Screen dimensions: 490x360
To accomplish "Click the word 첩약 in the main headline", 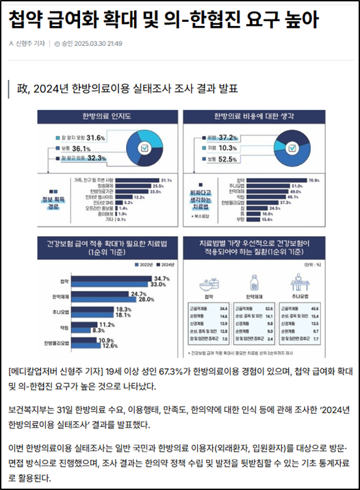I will click(24, 20).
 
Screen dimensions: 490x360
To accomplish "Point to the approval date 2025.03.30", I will click(92, 44).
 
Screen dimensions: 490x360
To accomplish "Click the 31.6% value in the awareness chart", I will click(96, 138).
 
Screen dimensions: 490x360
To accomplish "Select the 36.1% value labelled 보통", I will click(81, 149).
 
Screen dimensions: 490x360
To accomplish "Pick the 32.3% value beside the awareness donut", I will click(95, 159).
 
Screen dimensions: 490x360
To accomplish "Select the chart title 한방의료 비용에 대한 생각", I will click(255, 116).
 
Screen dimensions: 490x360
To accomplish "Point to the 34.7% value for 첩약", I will click(162, 277).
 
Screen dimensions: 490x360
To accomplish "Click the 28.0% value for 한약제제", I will click(146, 300).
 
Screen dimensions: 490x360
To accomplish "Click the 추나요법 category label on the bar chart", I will click(61, 311).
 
